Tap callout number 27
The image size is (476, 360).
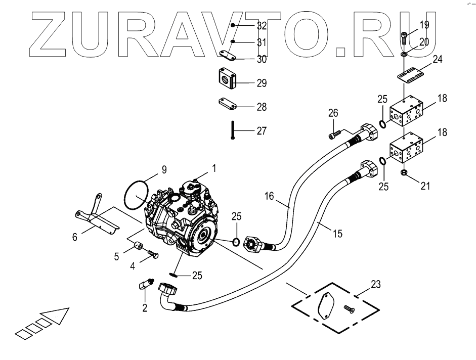[x=261, y=131]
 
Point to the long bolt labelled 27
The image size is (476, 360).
[x=232, y=130]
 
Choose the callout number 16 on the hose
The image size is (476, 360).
[x=269, y=196]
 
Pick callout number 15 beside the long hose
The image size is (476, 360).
[x=337, y=234]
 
